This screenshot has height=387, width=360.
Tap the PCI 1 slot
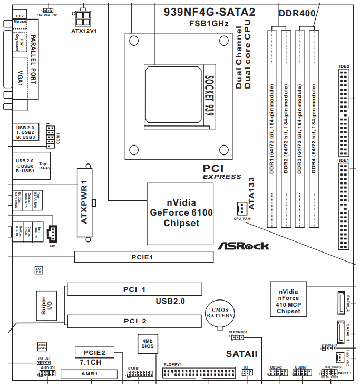pyautogui.click(x=134, y=289)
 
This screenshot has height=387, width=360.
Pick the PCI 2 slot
pyautogui.click(x=134, y=321)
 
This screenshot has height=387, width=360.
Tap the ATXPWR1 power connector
pyautogui.click(x=84, y=202)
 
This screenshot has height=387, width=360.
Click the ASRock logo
pyautogui.click(x=243, y=245)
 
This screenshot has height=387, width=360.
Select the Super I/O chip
pyautogui.click(x=46, y=305)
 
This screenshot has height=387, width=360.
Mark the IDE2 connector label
pyautogui.click(x=344, y=67)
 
